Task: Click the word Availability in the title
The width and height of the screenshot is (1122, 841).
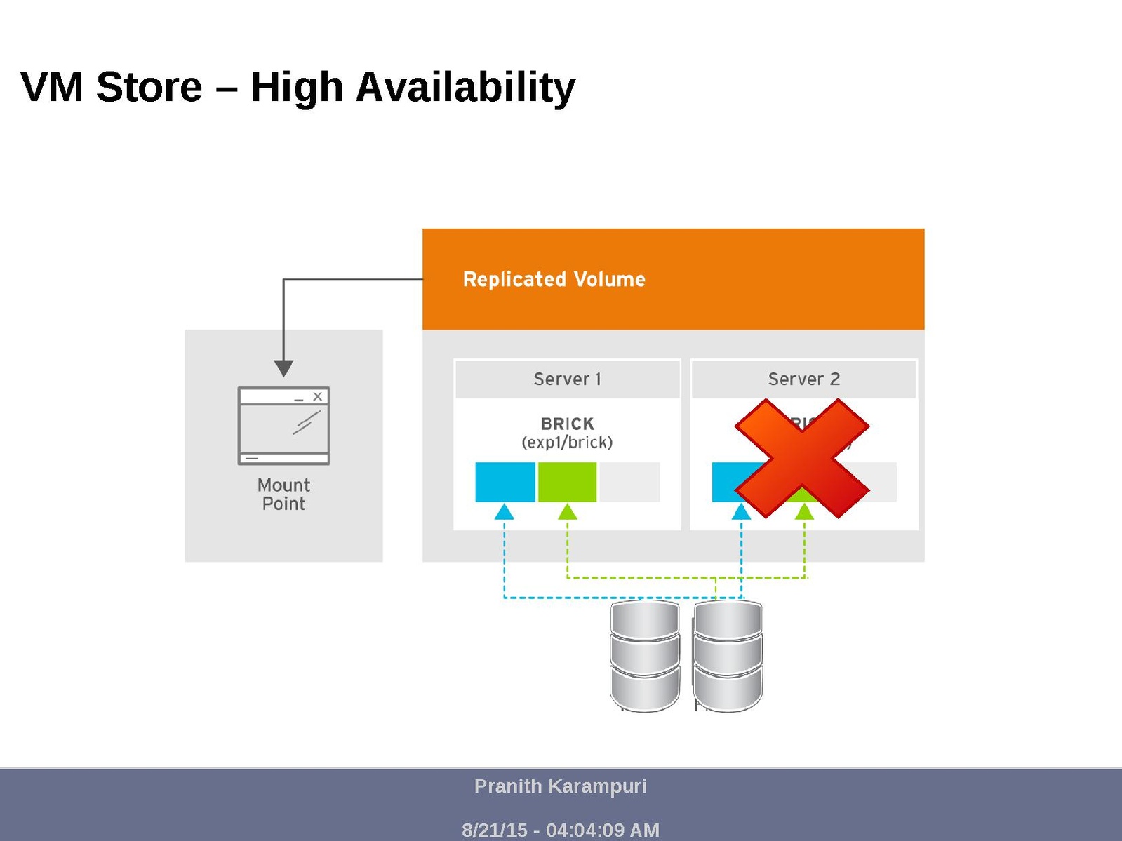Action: pyautogui.click(x=465, y=88)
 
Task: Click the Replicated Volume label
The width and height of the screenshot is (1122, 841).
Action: pyautogui.click(x=554, y=279)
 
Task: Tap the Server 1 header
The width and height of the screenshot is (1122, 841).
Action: pyautogui.click(x=567, y=379)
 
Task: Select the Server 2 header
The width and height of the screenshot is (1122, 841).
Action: pyautogui.click(x=803, y=379)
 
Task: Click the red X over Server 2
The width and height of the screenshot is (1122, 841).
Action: pyautogui.click(x=802, y=459)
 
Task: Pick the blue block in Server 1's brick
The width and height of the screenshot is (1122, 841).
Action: pyautogui.click(x=505, y=482)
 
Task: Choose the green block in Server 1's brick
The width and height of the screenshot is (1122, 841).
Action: pyautogui.click(x=567, y=482)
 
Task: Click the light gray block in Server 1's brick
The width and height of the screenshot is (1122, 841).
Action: pyautogui.click(x=629, y=482)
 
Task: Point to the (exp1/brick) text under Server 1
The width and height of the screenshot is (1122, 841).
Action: pyautogui.click(x=567, y=443)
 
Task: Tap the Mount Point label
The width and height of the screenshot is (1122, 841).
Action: pyautogui.click(x=283, y=494)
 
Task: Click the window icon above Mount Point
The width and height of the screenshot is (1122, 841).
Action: pyautogui.click(x=283, y=426)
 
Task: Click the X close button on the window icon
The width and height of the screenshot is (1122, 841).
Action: pyautogui.click(x=317, y=396)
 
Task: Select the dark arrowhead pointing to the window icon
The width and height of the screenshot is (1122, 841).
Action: pyautogui.click(x=283, y=368)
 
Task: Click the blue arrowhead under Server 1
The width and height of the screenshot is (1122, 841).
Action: pyautogui.click(x=504, y=512)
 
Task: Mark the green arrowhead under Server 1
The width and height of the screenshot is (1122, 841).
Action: pyautogui.click(x=567, y=512)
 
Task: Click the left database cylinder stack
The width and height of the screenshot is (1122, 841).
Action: pyautogui.click(x=644, y=656)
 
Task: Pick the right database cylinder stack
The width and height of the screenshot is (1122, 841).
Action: pyautogui.click(x=728, y=656)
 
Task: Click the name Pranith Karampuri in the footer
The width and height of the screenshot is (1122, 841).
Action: pyautogui.click(x=560, y=786)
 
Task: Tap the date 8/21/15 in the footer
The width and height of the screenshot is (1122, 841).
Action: pyautogui.click(x=494, y=830)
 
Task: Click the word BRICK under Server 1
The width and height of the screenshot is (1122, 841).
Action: pyautogui.click(x=567, y=424)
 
